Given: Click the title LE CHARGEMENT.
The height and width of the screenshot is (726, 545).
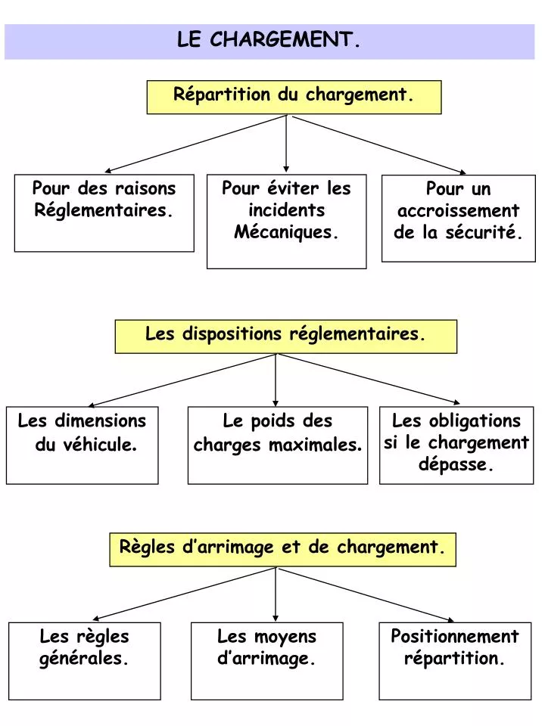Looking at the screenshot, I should (269, 40).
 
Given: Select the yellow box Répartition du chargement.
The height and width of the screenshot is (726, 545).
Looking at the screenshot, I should (294, 96).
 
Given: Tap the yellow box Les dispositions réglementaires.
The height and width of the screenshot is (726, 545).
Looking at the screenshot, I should (285, 335).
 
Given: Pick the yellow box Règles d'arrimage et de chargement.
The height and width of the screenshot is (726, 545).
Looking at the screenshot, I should (282, 548).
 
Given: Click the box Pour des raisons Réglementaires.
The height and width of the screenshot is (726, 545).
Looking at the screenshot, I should (104, 213).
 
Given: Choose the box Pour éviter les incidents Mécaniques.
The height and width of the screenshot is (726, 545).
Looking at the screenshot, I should (286, 221).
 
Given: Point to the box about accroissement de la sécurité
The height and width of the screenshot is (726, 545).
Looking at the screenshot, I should (458, 218).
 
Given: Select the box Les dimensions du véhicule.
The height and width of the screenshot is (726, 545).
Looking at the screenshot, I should (82, 445).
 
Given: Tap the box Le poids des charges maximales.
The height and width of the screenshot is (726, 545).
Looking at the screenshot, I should (277, 445).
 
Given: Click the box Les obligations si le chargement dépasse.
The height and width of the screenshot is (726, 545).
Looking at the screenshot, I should (456, 445).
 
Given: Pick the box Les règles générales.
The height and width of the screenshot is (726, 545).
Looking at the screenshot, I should (85, 660).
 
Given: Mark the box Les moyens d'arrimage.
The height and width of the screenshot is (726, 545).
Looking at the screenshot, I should (266, 660).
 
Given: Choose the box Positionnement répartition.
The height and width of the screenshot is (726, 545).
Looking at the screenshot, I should (454, 660).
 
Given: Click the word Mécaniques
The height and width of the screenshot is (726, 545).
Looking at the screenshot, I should (285, 232).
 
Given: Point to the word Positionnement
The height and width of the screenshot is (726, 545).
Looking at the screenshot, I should (454, 637).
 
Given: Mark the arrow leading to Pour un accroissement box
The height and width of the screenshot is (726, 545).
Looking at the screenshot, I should (378, 144).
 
